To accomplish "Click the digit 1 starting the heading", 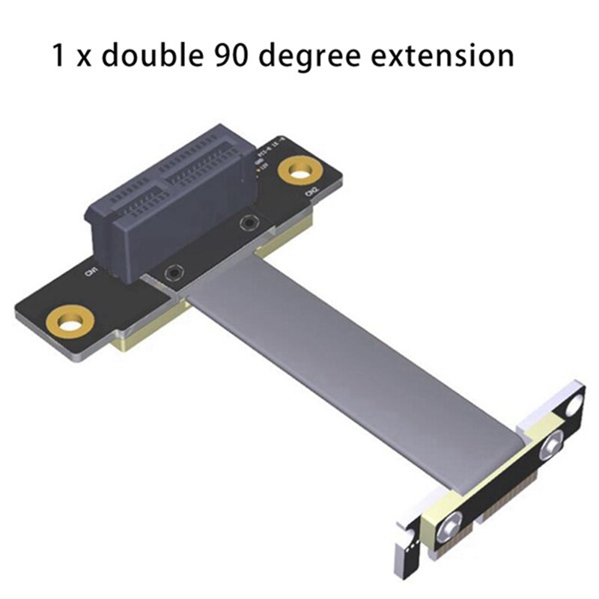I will click(x=58, y=55).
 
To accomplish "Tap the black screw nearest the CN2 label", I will click(x=247, y=223).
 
